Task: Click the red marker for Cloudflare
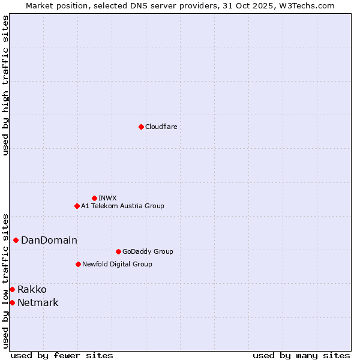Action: [141, 127]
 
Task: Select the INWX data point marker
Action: [94, 198]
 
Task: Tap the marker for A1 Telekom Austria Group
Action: [77, 206]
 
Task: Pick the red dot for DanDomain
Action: [16, 240]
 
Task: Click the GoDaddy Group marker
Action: [118, 251]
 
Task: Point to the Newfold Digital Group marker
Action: [78, 264]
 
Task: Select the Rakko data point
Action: [12, 289]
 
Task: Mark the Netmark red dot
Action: [12, 302]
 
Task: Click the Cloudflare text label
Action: [161, 127]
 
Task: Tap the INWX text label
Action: [107, 198]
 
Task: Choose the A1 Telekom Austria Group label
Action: [122, 206]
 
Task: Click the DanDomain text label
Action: [49, 240]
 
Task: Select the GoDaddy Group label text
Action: [148, 251]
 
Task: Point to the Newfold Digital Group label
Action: [117, 264]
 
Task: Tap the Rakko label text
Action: [32, 289]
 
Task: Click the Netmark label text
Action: [38, 302]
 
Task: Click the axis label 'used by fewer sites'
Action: [62, 355]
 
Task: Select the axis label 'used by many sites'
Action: [301, 355]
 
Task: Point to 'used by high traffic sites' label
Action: [5, 85]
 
